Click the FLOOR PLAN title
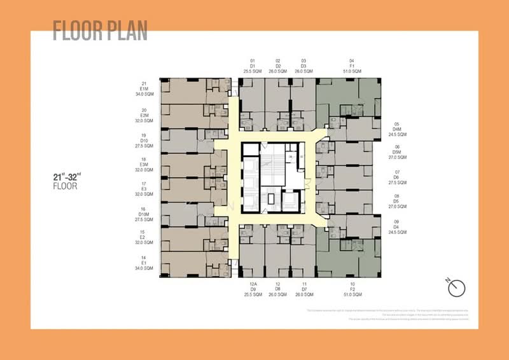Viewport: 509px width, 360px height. [100, 30]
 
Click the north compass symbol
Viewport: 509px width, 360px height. [456, 288]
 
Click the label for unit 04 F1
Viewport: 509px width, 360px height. [351, 66]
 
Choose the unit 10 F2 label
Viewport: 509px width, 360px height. [352, 289]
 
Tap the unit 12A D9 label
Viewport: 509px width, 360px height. [253, 289]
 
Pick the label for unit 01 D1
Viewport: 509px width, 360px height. [253, 66]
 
